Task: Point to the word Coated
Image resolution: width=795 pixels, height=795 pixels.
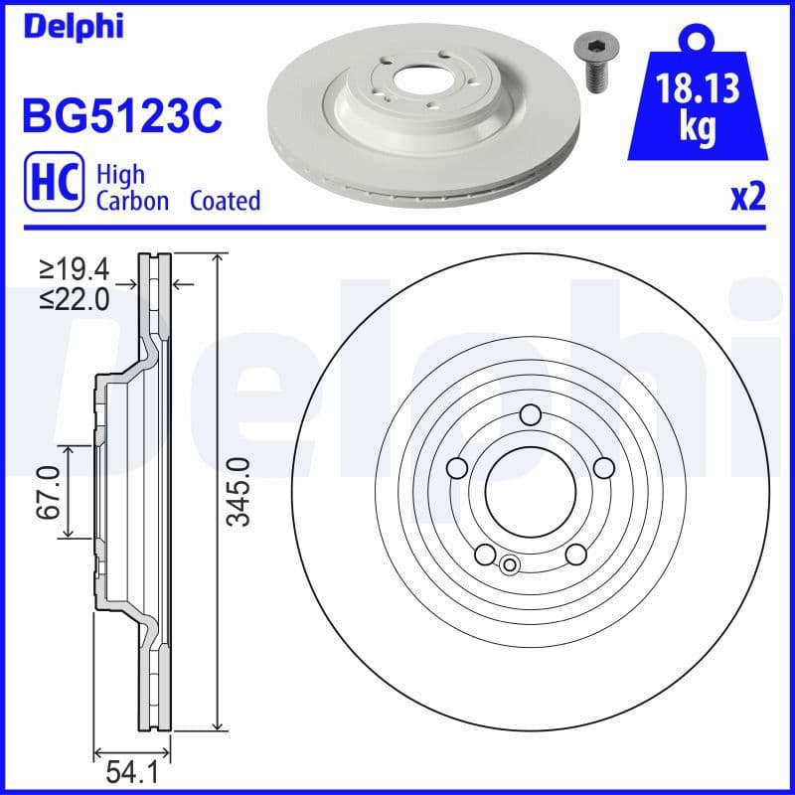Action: [x=225, y=201]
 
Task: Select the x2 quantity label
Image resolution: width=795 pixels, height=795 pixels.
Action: [x=747, y=199]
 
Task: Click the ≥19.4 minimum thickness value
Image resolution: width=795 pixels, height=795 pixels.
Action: [x=76, y=267]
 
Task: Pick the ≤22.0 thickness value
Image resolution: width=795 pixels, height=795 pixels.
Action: [x=76, y=299]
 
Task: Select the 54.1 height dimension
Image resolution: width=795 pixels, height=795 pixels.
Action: [x=132, y=771]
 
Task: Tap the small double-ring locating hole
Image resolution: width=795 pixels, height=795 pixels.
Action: [x=510, y=565]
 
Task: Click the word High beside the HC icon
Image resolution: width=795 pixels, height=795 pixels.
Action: [x=120, y=175]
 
